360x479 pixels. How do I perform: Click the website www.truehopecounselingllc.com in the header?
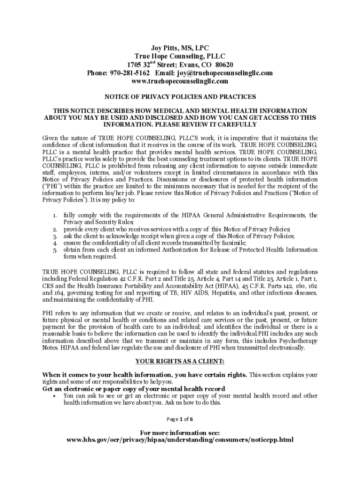[x=180, y=81]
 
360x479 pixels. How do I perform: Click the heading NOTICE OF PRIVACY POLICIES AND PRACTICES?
[x=180, y=97]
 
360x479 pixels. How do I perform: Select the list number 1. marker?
[x=55, y=216]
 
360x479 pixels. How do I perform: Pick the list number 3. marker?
[x=55, y=236]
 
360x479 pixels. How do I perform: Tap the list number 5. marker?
[x=55, y=250]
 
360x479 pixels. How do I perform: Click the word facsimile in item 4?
[x=231, y=243]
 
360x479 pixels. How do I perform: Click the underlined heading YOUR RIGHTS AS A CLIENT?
[x=180, y=362]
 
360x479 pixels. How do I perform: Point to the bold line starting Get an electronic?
[x=134, y=389]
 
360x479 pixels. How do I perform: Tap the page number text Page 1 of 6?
[x=180, y=419]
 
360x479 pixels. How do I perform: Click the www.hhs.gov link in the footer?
[x=180, y=440]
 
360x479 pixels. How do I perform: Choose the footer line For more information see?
[x=180, y=433]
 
